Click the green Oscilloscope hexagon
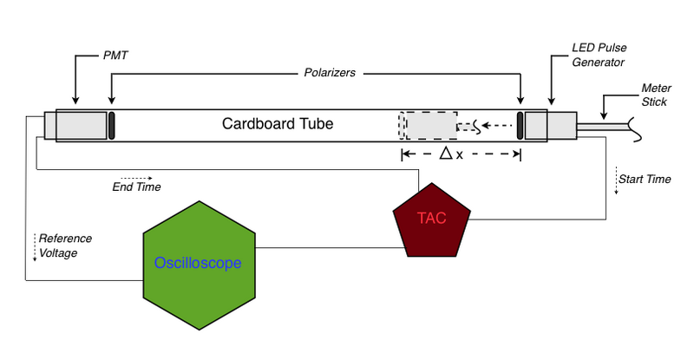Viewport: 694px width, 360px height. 199,263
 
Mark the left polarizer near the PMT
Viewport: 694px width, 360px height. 113,124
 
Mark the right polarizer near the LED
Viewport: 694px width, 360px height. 520,124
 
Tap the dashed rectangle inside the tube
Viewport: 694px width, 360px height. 428,125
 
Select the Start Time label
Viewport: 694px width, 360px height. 645,180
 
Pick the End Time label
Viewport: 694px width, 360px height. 136,187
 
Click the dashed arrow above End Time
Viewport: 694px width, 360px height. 136,176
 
